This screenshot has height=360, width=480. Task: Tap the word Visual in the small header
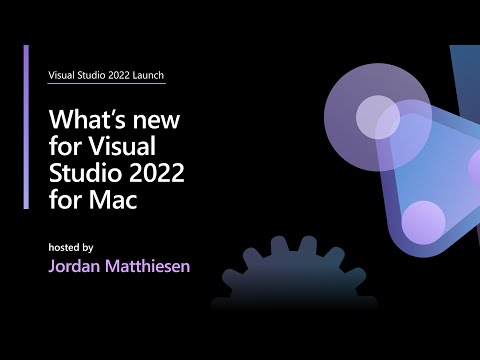click(63, 75)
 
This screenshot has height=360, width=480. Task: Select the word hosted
click(66, 246)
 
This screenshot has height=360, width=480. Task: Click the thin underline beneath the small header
click(107, 87)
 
